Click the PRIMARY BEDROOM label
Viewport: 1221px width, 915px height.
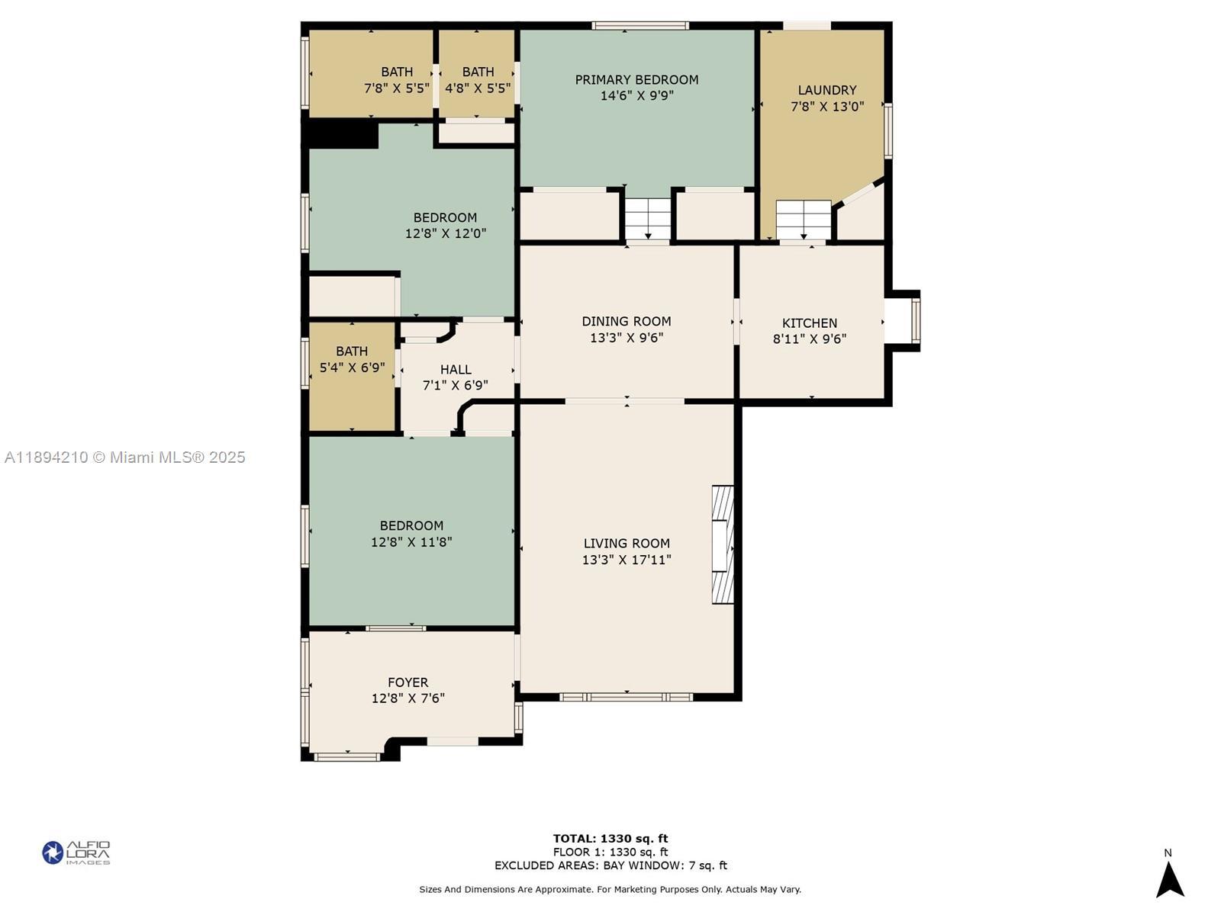636,80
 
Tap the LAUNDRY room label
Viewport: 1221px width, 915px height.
826,90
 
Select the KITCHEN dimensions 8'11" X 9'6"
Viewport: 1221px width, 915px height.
810,339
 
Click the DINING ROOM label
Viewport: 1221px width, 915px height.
627,321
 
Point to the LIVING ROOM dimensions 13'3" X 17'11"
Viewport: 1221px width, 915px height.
627,560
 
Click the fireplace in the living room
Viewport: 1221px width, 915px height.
723,544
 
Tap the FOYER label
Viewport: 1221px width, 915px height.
408,682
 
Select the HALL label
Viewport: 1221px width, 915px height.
456,370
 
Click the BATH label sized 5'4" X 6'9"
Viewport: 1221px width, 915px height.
352,351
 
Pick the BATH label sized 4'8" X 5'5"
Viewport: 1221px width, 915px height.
478,72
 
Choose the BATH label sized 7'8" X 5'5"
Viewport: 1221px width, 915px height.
397,72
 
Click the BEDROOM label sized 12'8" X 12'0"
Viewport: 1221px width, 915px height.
445,218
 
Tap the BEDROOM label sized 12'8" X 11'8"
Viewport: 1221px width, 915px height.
411,525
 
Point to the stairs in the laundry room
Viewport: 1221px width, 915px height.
804,220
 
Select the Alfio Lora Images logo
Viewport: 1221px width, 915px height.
76,852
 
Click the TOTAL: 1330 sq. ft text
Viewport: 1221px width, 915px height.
610,838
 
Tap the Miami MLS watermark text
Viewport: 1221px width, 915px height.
124,457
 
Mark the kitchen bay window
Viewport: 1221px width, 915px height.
915,320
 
